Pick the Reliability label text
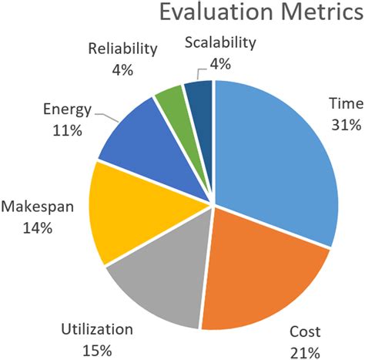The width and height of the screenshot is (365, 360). click(x=122, y=49)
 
